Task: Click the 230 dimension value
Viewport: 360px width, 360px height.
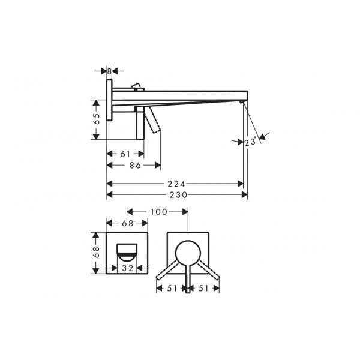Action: click(x=178, y=195)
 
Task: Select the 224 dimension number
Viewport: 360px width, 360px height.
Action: click(x=176, y=184)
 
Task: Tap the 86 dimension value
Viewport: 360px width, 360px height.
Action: click(x=135, y=165)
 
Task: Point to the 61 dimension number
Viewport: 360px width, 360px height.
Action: click(x=125, y=154)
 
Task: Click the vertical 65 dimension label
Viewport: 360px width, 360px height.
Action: click(x=97, y=119)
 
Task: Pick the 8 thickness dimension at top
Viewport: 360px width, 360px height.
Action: click(x=109, y=71)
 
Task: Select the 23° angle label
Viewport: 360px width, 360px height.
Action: click(x=250, y=142)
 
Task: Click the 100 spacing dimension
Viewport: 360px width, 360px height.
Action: click(x=159, y=212)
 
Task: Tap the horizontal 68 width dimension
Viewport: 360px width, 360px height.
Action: click(x=127, y=223)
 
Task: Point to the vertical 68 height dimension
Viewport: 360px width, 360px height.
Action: click(x=97, y=252)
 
